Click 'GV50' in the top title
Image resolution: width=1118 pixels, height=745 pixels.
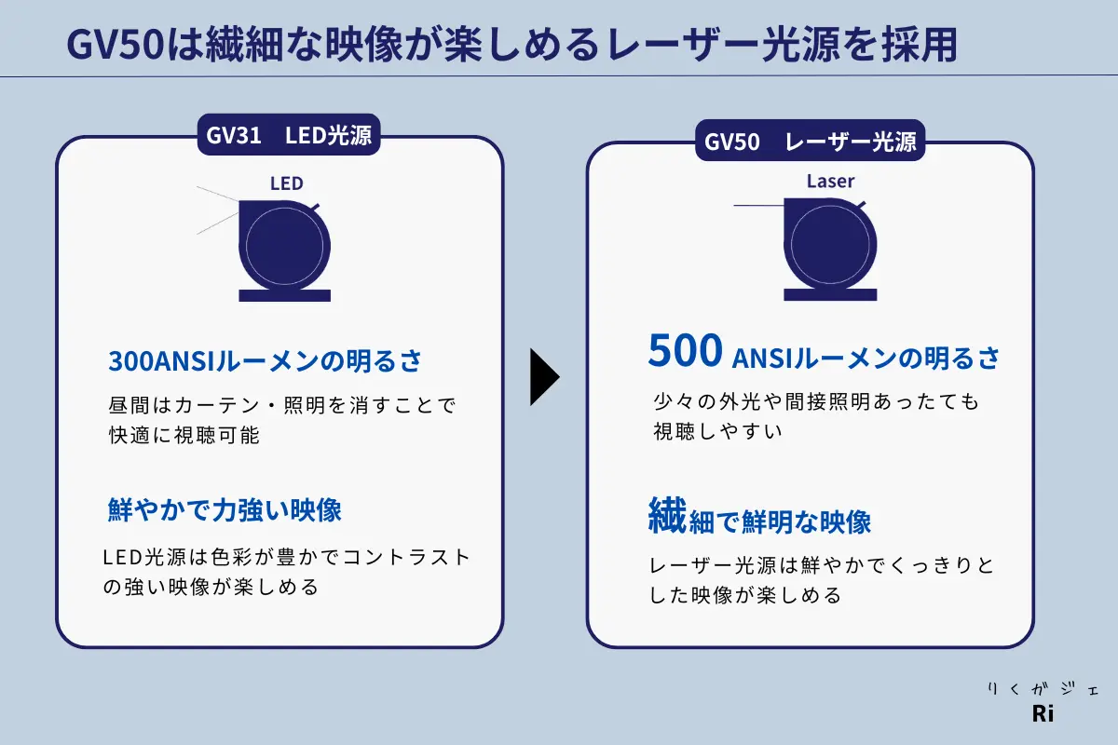pos(116,45)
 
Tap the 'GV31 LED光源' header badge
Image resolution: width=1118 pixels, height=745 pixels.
pos(289,135)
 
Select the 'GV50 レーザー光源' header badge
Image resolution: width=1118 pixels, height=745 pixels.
pos(810,142)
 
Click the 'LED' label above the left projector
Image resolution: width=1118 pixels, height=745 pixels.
pos(287,183)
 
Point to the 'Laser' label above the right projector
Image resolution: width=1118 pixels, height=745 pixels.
pos(830,182)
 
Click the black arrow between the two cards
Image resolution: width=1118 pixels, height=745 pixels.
pos(544,377)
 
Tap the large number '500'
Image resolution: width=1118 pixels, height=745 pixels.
pos(686,350)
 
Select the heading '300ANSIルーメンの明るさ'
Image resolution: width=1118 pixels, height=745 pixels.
pos(265,360)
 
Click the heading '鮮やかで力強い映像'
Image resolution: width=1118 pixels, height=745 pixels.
pos(225,510)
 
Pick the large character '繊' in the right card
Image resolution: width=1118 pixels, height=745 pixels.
pos(667,515)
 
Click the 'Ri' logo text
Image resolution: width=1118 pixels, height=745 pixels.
pos(1043,714)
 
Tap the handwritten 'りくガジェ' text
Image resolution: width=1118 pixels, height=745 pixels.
pos(1043,689)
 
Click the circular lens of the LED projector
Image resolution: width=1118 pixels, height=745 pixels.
pos(284,246)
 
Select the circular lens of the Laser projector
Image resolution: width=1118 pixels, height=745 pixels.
pos(830,245)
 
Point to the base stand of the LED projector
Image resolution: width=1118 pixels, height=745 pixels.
pos(284,295)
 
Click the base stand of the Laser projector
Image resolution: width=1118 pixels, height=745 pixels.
pos(830,294)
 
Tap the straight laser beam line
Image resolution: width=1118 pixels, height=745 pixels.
pos(758,205)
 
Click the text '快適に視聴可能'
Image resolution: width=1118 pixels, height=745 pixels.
pos(184,435)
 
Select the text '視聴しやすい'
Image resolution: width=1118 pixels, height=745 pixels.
pos(717,431)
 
